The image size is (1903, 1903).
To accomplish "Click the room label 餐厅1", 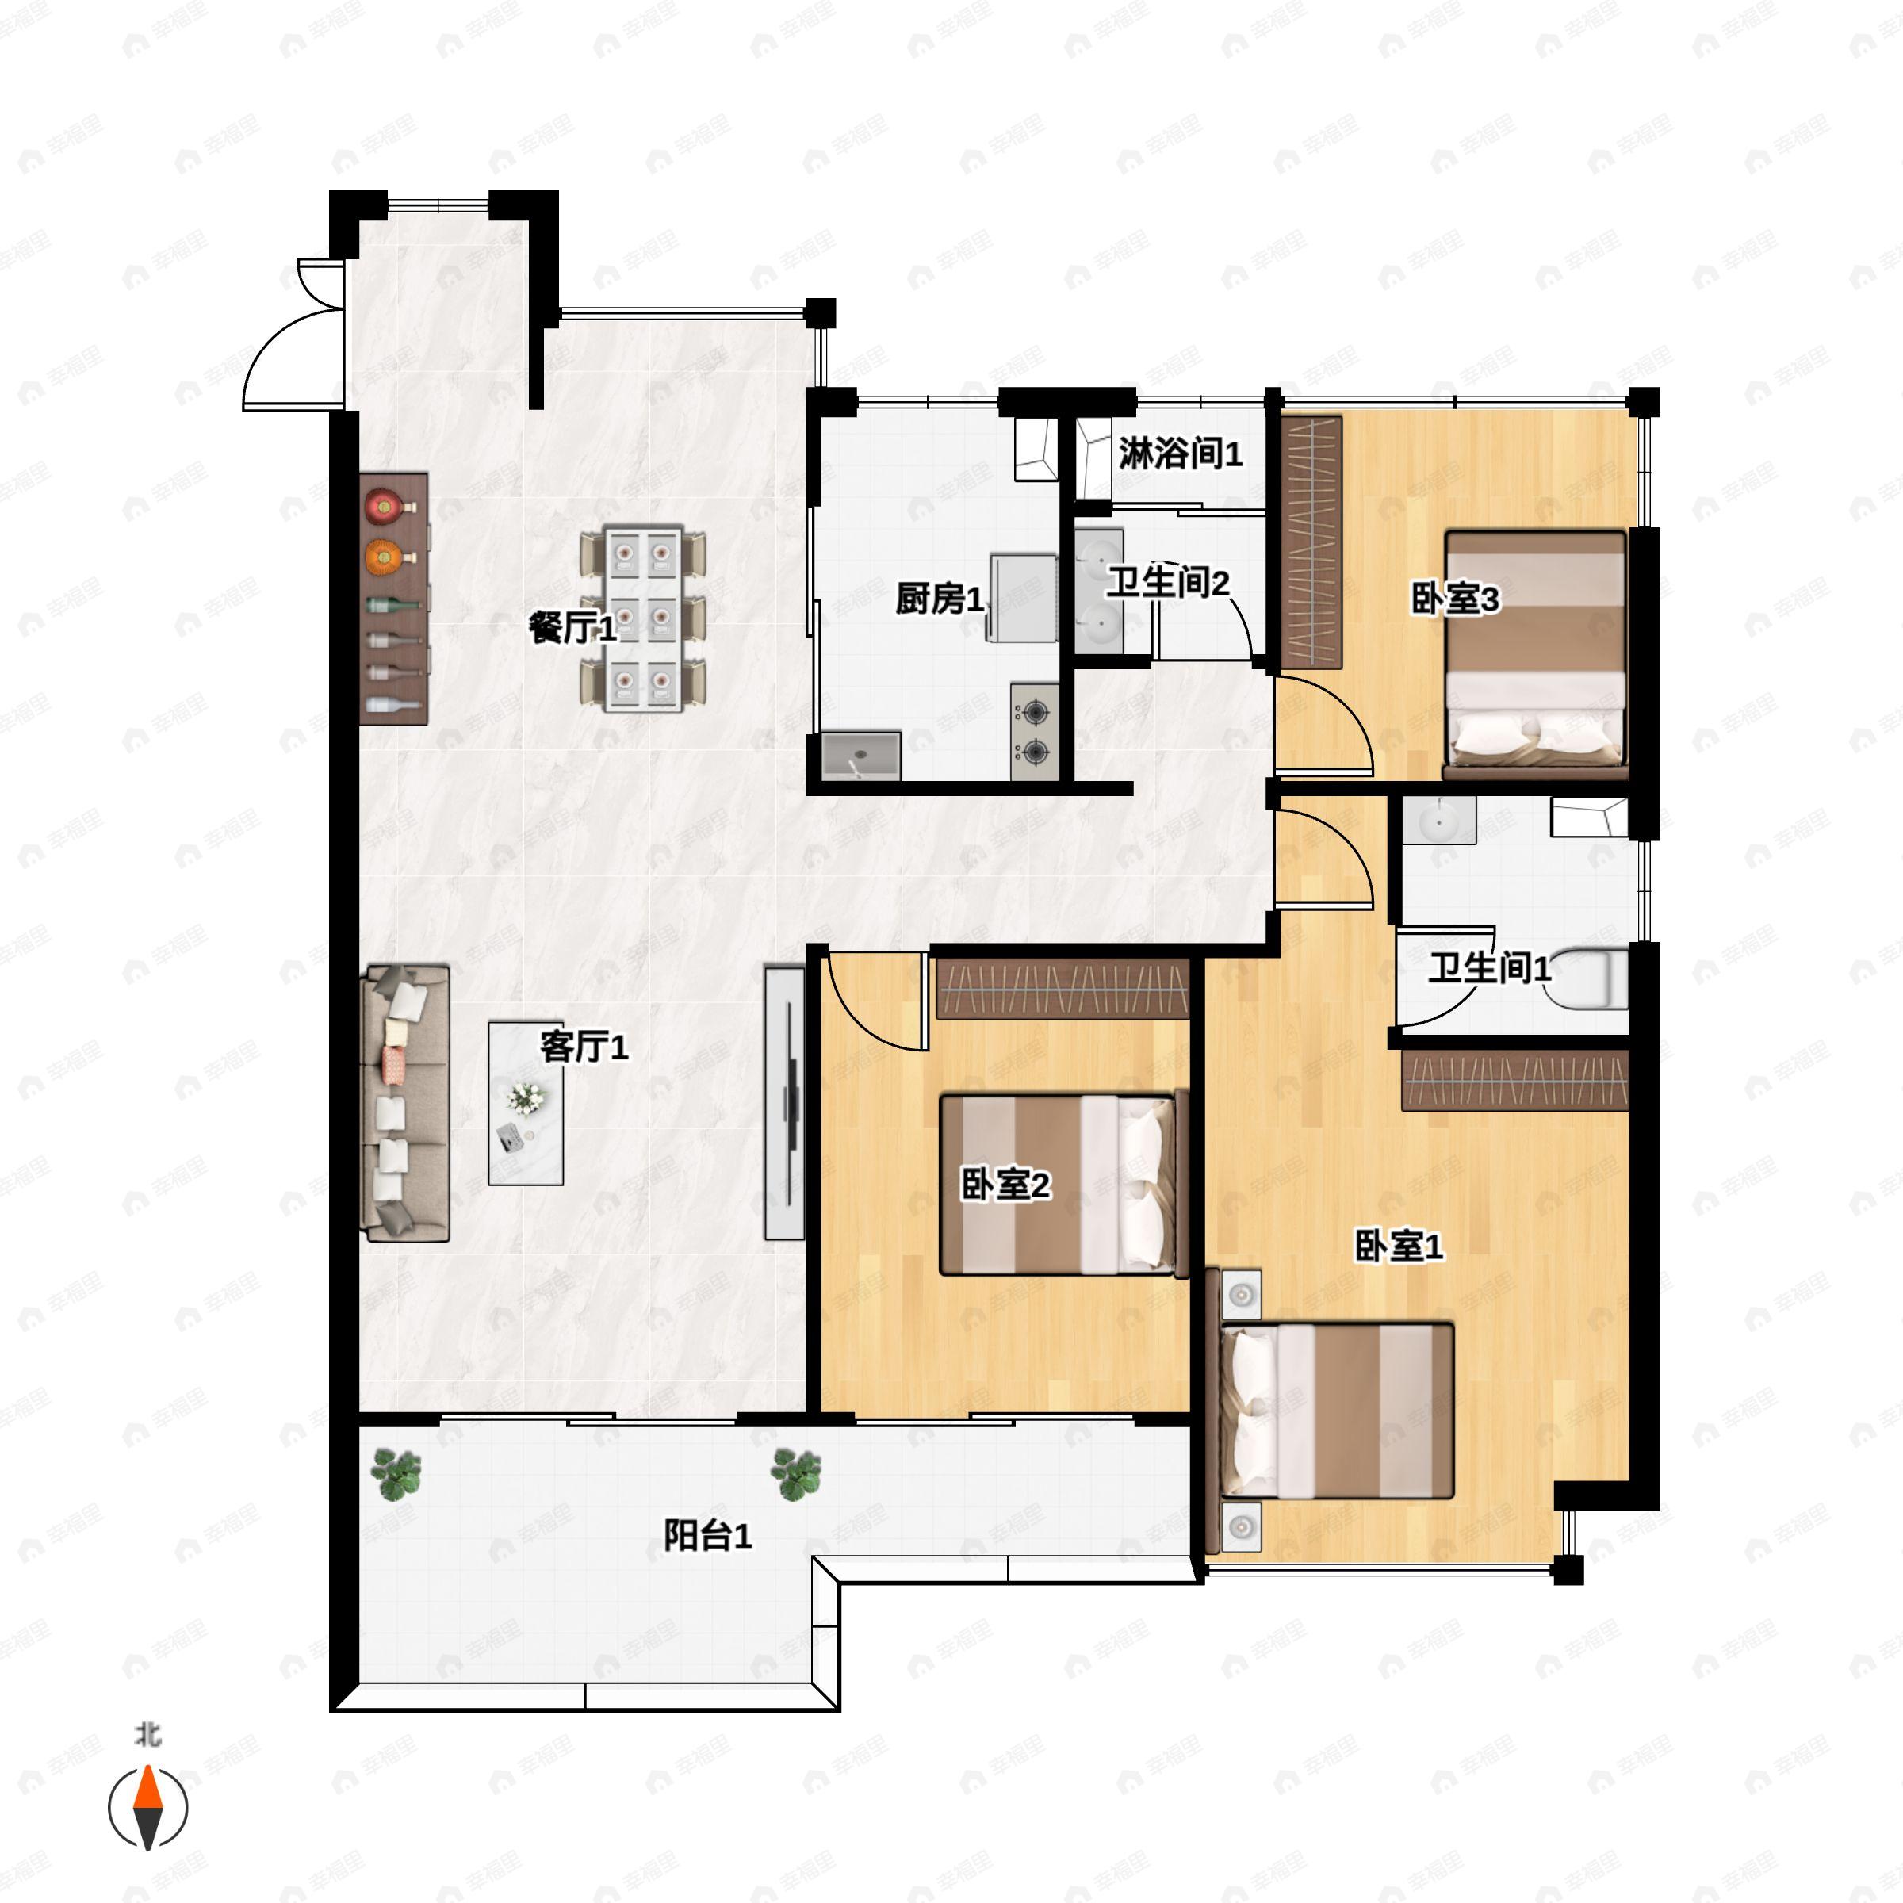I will [572, 627].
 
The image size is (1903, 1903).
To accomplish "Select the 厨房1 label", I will [939, 598].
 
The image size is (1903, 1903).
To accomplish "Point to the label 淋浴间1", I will [1180, 454].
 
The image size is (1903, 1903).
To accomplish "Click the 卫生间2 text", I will [1167, 582].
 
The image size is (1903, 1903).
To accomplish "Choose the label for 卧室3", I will [1455, 598].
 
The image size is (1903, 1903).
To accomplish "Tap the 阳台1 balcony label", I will [707, 1534].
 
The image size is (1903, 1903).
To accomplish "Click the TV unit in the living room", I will [785, 1102].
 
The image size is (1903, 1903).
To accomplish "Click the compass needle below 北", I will [147, 1808].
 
